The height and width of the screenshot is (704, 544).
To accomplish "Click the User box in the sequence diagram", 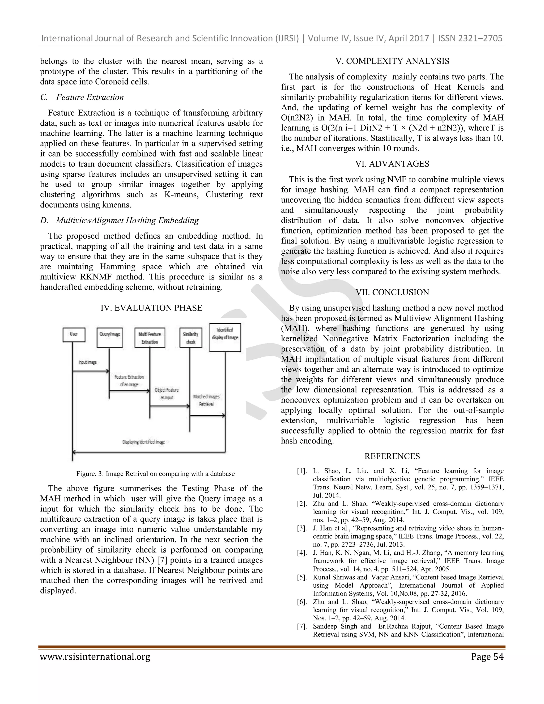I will pos(74,334).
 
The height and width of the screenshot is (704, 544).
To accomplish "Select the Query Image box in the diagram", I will pos(110,337).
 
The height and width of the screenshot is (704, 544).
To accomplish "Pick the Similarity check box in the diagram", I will pos(190,337).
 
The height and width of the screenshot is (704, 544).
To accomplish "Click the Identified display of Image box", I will pos(225,337).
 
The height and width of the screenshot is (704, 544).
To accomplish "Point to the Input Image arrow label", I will pos(87,362).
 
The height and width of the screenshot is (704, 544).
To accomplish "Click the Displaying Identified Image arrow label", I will pos(143,442).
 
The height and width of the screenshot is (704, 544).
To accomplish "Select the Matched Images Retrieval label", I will pos(206,400).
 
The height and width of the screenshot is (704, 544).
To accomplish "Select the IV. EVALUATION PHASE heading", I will pos(151,308).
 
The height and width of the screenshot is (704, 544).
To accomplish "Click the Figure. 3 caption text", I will pos(155,474).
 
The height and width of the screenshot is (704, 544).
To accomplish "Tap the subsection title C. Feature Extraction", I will pos(82,97).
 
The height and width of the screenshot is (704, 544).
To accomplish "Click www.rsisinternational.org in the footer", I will pos(95,657).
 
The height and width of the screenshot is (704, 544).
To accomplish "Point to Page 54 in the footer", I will pos(487,657).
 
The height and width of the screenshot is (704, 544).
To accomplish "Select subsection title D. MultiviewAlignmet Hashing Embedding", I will pos(120,220).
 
